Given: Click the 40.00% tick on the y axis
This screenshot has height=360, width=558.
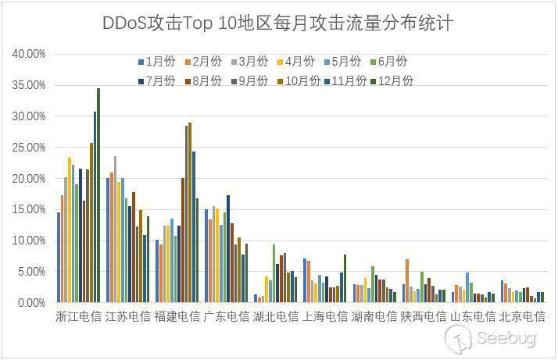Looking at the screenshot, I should click(x=30, y=54).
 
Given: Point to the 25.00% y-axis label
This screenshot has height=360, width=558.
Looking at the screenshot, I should click(x=30, y=148).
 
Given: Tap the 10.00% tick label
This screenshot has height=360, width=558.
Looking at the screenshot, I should click(x=30, y=241).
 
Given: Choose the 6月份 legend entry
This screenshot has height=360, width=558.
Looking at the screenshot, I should click(x=387, y=62).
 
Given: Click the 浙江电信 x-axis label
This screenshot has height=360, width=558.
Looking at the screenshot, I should click(x=78, y=317).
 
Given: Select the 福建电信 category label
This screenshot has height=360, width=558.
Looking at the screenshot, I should click(x=177, y=317).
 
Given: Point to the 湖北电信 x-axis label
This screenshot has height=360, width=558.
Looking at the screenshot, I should click(x=276, y=317).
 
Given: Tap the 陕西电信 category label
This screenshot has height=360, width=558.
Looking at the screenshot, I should click(x=423, y=317).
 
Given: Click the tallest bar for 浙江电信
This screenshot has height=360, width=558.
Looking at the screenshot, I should click(x=98, y=195).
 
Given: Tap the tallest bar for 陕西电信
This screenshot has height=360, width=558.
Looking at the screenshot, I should click(x=407, y=280).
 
